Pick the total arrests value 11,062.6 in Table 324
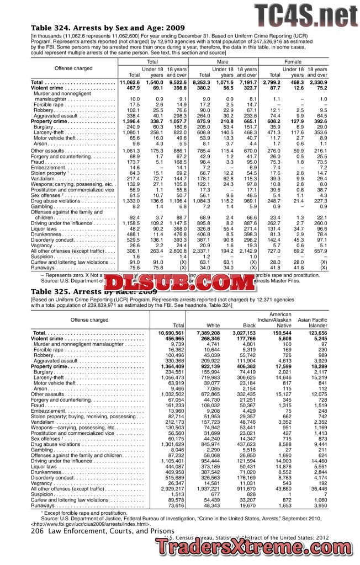click(129, 82)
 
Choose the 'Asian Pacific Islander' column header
click(313, 323)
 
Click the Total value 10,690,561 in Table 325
click(171, 334)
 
